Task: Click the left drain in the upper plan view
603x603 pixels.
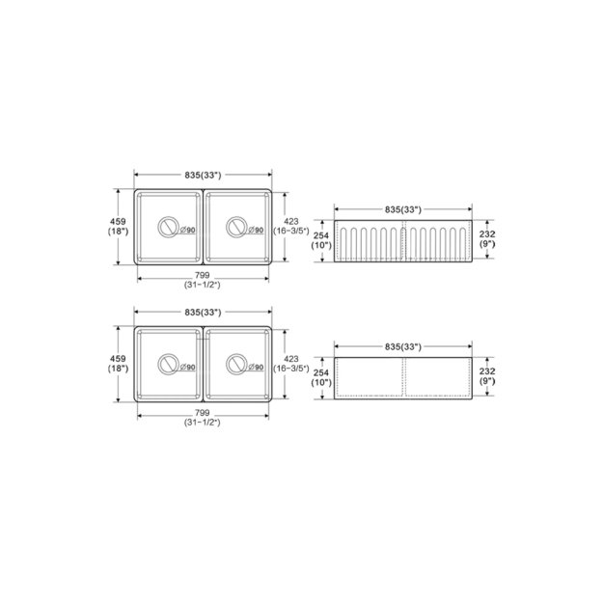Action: click(168, 229)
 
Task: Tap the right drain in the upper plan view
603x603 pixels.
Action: click(234, 229)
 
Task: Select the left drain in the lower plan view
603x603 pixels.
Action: click(168, 366)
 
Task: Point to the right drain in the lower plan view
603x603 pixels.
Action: click(234, 366)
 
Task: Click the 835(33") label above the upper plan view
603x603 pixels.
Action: click(203, 175)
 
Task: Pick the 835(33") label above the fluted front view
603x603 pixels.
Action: click(403, 209)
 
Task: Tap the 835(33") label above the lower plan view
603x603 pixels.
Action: click(203, 312)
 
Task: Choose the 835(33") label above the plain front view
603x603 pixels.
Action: click(403, 346)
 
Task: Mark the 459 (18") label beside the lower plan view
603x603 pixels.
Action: click(118, 367)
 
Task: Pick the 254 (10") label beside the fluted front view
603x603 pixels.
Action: click(320, 240)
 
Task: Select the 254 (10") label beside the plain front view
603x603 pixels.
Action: click(320, 377)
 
